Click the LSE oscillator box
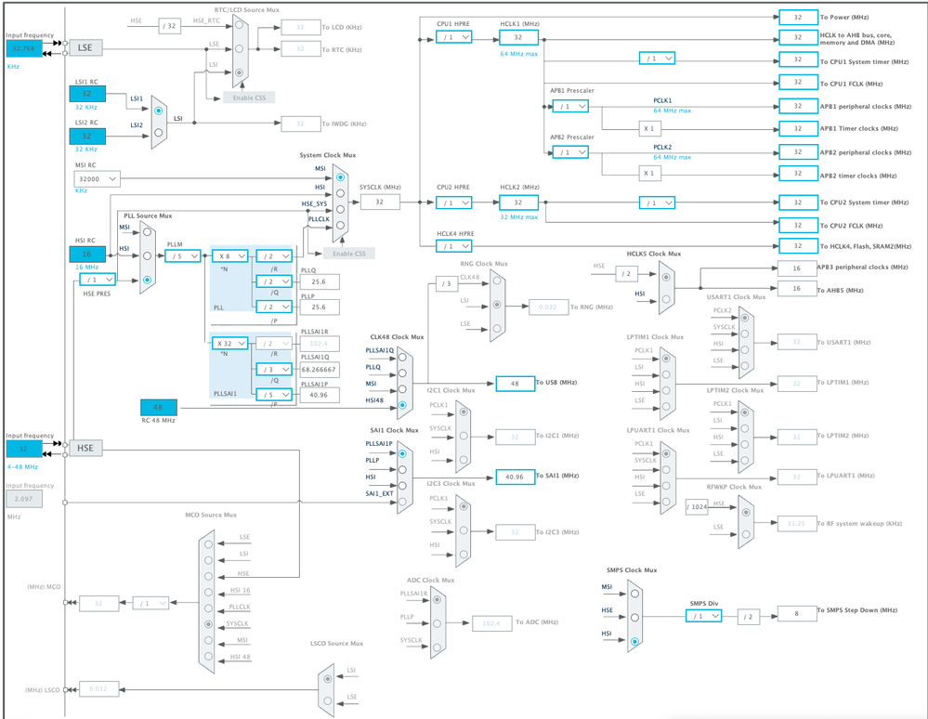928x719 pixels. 85,47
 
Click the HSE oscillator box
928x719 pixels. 85,448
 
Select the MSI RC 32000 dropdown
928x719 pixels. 97,178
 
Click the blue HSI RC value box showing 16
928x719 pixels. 87,254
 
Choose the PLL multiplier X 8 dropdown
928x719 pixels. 229,255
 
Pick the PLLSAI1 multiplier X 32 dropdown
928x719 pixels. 229,343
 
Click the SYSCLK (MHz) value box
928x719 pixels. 379,202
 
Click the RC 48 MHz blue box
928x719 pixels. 158,407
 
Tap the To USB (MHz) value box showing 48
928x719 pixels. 515,383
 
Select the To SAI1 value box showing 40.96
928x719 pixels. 515,476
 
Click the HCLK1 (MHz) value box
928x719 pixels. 518,37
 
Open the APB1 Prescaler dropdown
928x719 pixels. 569,106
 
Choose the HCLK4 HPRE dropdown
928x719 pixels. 453,246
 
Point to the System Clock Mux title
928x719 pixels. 327,155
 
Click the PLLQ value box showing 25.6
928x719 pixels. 320,281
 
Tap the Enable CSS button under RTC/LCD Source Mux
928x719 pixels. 248,97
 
